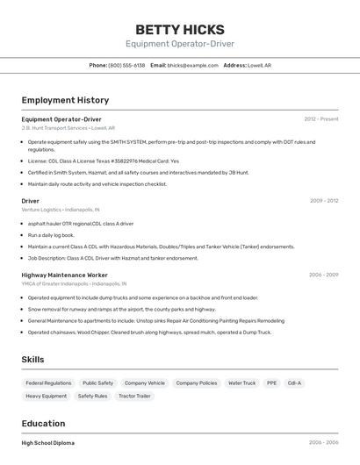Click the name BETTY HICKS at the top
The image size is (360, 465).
pos(179,29)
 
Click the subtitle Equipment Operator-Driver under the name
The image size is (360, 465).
pos(179,44)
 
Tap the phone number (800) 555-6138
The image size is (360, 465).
pos(126,65)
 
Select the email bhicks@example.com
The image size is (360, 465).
pos(192,65)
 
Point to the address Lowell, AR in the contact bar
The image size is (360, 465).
pos(259,65)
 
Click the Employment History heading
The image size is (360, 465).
pos(65,100)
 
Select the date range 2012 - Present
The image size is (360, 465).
pos(320,119)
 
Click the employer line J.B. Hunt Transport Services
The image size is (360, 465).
pos(68,127)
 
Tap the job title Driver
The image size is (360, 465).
pos(31,201)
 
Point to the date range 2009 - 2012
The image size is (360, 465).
pos(323,201)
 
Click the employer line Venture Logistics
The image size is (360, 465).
pos(61,210)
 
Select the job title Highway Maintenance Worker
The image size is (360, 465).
pos(64,275)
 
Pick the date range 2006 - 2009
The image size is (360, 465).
pos(323,275)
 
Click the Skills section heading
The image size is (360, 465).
pos(32,360)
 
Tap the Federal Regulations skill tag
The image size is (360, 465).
pos(48,383)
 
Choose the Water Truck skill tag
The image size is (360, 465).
pos(241,383)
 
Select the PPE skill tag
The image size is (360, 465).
pos(271,383)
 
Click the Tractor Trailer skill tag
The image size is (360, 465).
pos(134,397)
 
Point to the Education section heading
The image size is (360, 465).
pos(43,423)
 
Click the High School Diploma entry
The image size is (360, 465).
pos(48,443)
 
